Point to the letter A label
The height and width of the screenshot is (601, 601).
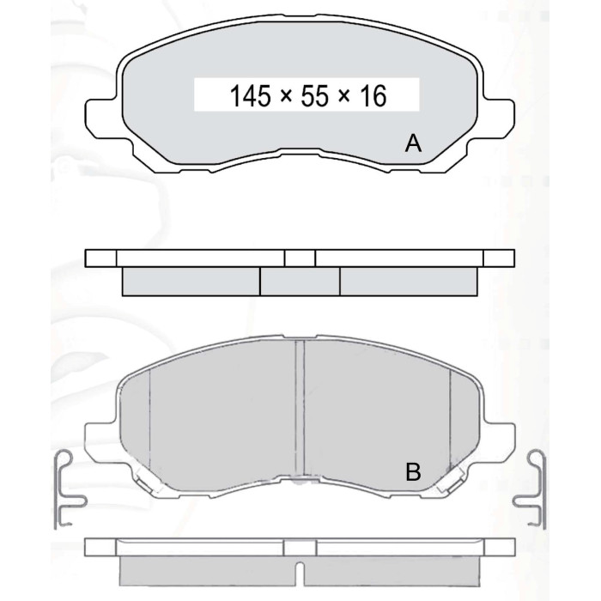tap(413, 143)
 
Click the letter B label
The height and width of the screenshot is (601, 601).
tap(413, 471)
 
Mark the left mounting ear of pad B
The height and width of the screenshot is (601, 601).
tap(100, 440)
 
